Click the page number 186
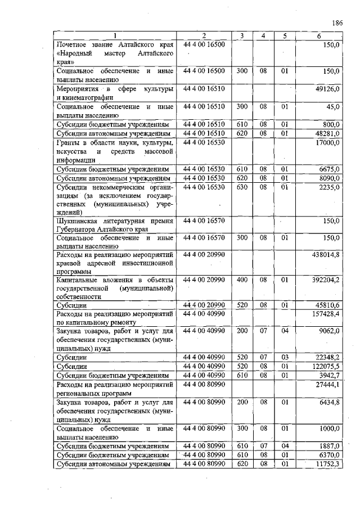pyautogui.click(x=337, y=23)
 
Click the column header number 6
pyautogui.click(x=319, y=37)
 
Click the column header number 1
pyautogui.click(x=114, y=37)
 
